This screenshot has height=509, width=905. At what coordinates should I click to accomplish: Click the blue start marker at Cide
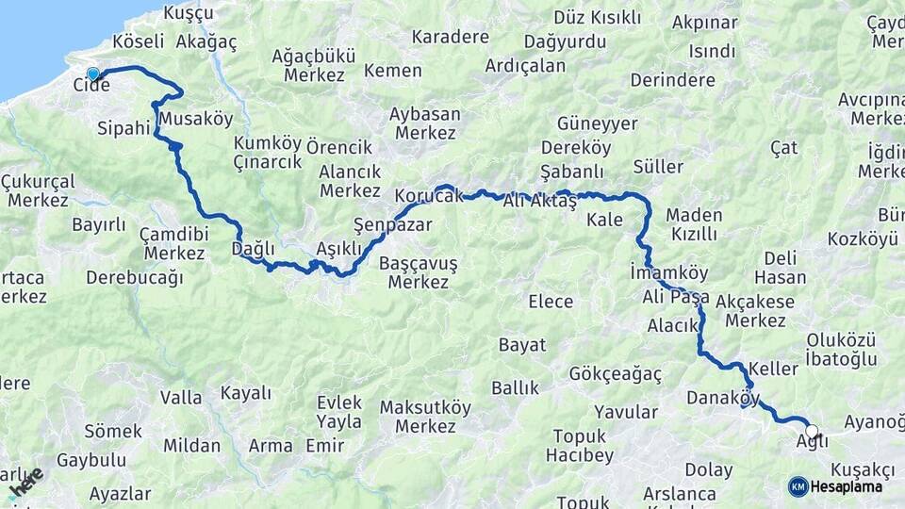(92, 74)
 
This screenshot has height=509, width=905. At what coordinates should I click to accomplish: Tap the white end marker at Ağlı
(812, 431)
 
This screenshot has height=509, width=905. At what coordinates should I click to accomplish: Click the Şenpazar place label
(392, 224)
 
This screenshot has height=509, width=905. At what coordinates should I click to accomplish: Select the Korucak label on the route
(429, 196)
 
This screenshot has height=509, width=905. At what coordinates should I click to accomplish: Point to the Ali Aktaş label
(539, 201)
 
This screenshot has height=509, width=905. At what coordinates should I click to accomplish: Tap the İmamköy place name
(668, 272)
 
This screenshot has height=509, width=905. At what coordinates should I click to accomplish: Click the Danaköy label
(723, 397)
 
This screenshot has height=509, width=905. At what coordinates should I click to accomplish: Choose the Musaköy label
(196, 119)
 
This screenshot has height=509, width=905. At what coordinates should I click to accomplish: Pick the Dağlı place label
(253, 248)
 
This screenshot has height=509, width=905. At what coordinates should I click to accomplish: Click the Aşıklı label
(338, 248)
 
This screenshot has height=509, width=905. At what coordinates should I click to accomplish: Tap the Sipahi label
(123, 127)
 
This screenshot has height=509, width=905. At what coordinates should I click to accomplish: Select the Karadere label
(450, 38)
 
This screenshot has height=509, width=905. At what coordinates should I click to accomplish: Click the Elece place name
(551, 302)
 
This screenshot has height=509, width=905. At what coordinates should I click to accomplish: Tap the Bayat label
(522, 345)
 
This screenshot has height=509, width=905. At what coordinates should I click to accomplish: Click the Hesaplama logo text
(846, 486)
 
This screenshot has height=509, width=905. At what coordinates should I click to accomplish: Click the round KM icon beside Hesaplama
(798, 486)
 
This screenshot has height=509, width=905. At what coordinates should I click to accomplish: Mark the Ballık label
(515, 388)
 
